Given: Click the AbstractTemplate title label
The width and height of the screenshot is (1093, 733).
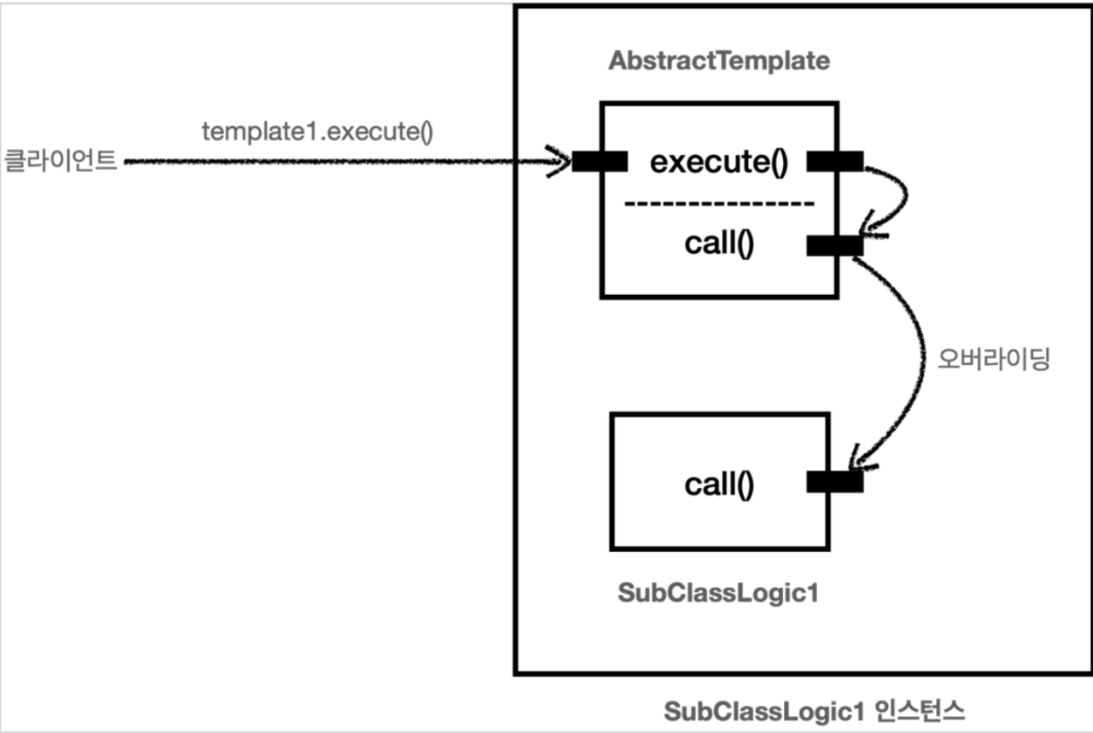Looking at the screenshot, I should (x=719, y=62).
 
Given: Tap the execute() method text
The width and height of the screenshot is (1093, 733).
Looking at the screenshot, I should (x=717, y=162).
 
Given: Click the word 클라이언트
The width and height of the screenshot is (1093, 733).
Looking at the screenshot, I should (x=60, y=161).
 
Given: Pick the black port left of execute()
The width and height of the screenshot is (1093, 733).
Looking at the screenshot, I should (x=600, y=162).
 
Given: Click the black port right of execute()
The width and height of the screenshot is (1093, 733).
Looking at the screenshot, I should (x=835, y=162).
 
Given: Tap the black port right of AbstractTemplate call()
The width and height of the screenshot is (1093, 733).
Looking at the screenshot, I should (x=835, y=246).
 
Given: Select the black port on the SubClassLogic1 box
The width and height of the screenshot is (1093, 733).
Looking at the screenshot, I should (x=835, y=482).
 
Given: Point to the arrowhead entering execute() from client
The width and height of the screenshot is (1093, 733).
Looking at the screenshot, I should (x=562, y=161).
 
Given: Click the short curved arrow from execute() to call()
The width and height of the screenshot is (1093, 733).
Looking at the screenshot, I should (x=901, y=197).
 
